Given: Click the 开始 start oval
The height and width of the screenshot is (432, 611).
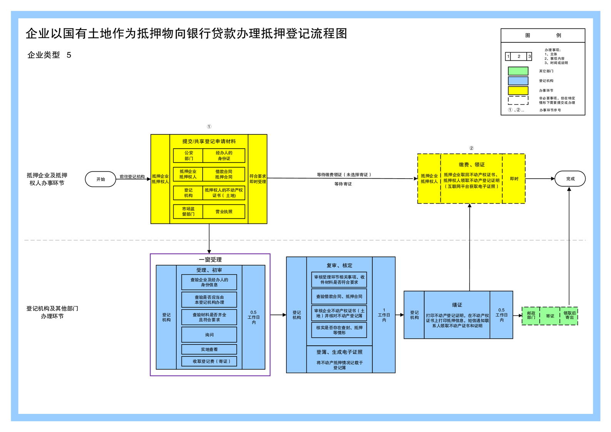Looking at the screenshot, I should coord(100,179).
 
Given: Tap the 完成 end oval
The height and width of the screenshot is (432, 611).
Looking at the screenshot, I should coord(570,179).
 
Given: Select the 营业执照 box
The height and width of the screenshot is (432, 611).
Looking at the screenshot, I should coord(224,211).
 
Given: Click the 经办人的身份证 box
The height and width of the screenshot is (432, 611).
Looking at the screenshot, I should coord(224,156).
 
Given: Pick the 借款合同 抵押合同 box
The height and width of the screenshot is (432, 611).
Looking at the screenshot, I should coord(224,174).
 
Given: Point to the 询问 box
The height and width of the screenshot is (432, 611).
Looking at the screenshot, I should coord(209,335).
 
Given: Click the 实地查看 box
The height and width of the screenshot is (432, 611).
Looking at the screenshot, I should coord(209,349).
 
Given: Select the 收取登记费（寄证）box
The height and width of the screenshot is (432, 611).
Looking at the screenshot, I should coord(209,361).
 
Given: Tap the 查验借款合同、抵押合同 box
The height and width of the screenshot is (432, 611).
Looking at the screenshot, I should coord(339,296).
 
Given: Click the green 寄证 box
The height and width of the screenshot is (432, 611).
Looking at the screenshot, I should coord(550,316).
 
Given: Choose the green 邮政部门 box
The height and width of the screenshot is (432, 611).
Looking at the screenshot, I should coord(531,316).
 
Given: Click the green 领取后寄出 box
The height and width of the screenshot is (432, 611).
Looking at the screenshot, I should coord(569,316).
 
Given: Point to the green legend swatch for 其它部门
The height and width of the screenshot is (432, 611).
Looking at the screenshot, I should coord(518,71).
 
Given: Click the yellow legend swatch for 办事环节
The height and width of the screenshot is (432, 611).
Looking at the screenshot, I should coord(518,90).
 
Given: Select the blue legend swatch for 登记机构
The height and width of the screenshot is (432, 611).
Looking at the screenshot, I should coord(518,80).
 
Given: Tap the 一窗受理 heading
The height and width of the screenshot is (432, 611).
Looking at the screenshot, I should coord(210,260).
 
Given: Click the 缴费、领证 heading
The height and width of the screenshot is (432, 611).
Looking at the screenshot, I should coord(471,164).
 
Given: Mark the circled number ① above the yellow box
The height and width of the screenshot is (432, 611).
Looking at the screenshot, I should coord(209,126).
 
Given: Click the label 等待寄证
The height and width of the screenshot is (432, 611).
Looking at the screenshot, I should coord(343,184).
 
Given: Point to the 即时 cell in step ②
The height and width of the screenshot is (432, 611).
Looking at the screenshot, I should coord(514,179).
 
